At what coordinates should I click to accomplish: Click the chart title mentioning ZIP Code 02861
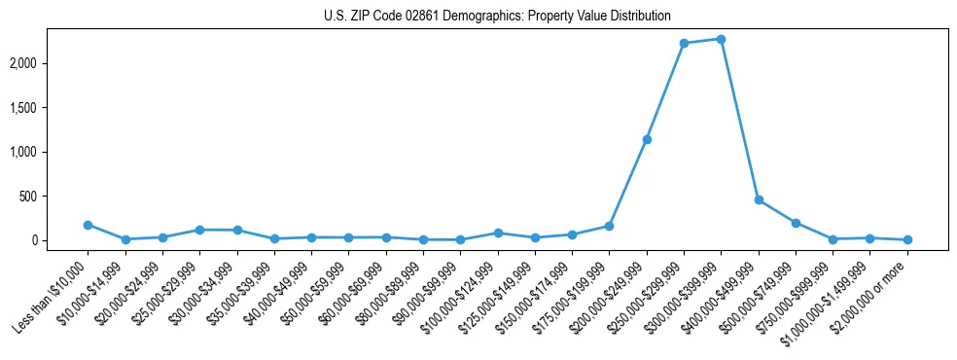pos(497,16)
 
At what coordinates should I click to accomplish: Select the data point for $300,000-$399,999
pos(721,39)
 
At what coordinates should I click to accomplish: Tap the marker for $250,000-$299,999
pos(684,43)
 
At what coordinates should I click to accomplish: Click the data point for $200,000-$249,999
pos(647,139)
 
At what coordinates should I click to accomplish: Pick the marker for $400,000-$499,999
pos(759,199)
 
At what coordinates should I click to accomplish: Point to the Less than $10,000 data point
pos(88,225)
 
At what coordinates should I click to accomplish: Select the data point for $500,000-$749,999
pos(796,223)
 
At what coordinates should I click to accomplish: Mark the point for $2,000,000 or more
pos(907,239)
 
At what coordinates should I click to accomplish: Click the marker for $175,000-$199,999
pos(609,226)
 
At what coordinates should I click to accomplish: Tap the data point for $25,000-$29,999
pos(199,230)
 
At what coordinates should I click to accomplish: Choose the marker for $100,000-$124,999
pos(498,233)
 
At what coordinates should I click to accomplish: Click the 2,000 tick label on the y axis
pos(51,63)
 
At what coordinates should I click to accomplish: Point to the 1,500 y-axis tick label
pos(51,108)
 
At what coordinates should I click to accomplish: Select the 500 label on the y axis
pos(55,197)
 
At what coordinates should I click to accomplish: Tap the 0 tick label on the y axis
pos(61,240)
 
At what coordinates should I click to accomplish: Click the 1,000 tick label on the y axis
pos(51,152)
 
